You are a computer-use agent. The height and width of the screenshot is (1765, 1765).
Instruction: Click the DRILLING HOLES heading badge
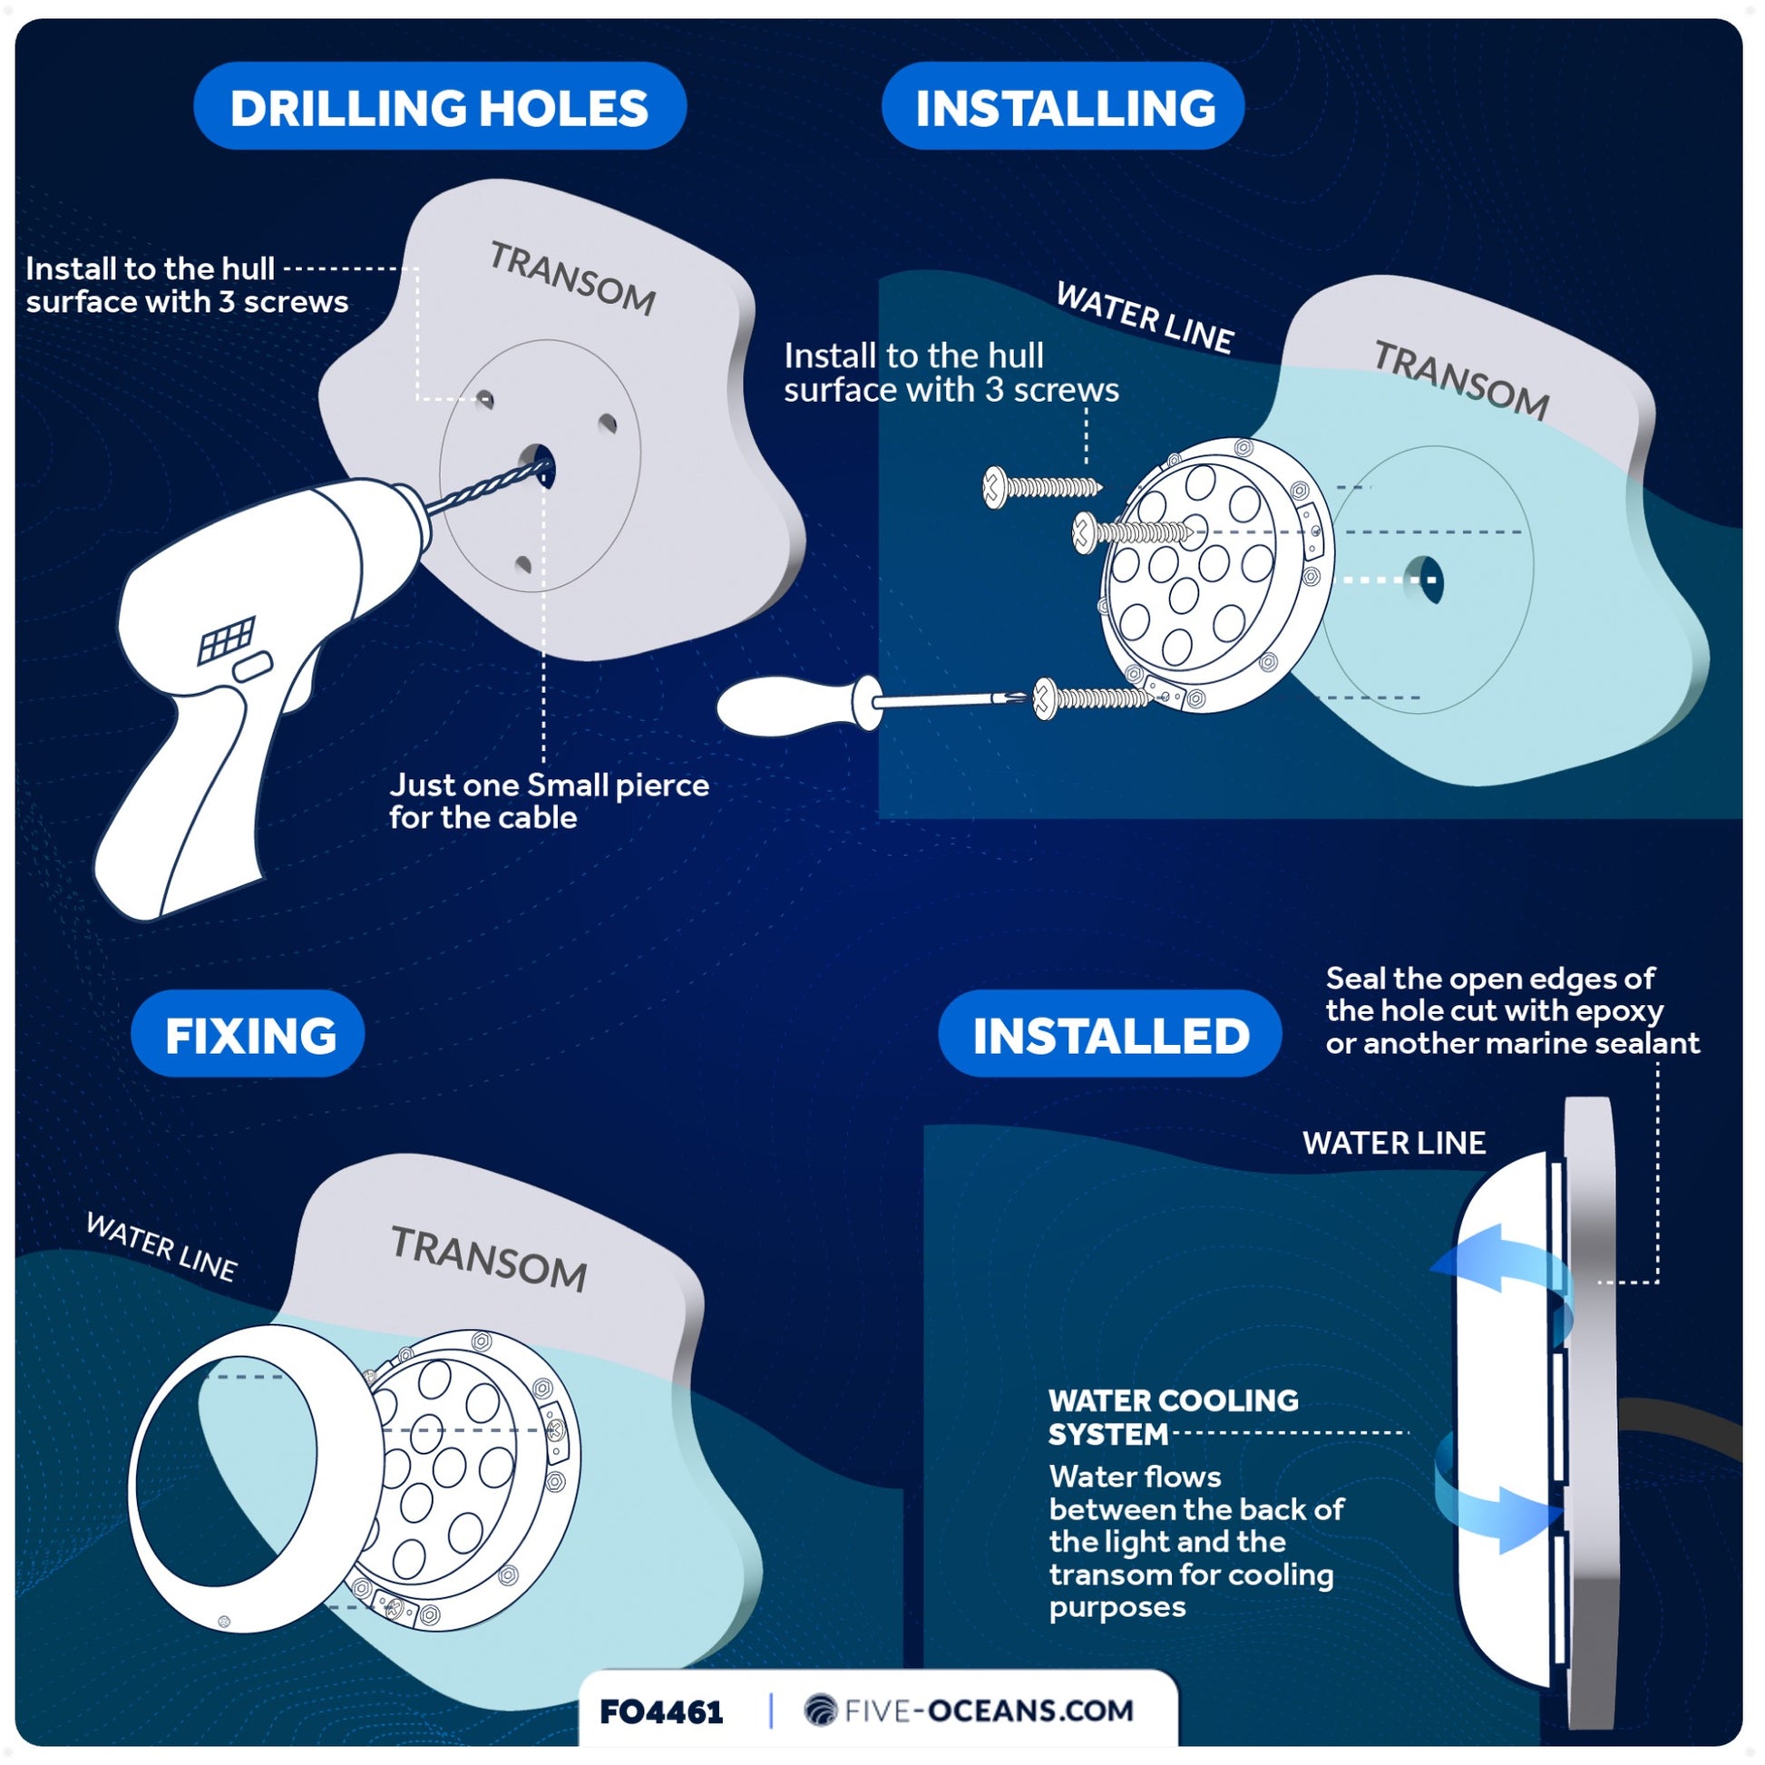click(439, 106)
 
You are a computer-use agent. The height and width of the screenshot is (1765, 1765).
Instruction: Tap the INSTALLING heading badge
click(1062, 106)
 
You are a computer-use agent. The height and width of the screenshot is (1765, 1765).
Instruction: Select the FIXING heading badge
click(248, 1033)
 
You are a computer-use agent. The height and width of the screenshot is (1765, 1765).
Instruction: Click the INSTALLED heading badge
click(1109, 1033)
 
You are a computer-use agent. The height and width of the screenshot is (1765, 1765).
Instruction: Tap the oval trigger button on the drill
click(253, 666)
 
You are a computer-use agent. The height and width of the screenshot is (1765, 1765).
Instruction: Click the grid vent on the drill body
click(227, 639)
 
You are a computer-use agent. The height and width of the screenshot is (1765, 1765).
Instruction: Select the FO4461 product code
click(661, 1711)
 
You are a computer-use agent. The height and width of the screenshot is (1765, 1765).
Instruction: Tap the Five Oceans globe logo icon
click(821, 1711)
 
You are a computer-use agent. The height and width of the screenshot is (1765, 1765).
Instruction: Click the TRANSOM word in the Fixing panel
click(490, 1259)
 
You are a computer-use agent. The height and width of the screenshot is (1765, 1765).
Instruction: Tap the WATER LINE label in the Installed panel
click(1394, 1143)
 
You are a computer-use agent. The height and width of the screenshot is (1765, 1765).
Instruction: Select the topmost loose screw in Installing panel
click(1041, 486)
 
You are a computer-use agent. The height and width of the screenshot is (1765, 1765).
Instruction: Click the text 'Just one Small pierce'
click(549, 785)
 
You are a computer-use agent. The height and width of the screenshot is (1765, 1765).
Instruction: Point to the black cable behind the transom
click(1681, 1429)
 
